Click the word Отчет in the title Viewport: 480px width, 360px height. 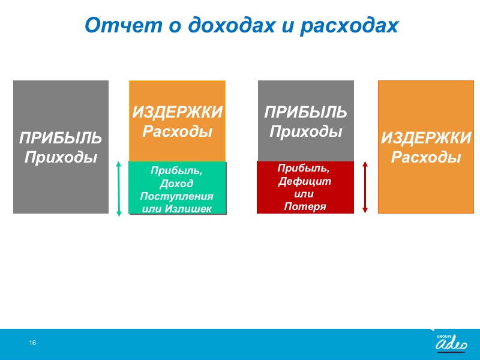pyautogui.click(x=124, y=25)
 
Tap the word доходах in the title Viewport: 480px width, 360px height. pyautogui.click(x=232, y=25)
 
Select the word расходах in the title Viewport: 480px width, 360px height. pyautogui.click(x=349, y=26)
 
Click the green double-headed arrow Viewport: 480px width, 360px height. pyautogui.click(x=119, y=189)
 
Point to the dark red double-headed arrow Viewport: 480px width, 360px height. pyautogui.click(x=365, y=187)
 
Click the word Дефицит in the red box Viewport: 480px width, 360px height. pyautogui.click(x=305, y=181)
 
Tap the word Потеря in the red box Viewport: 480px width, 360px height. pyautogui.click(x=305, y=206)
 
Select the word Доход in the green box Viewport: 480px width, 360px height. pyautogui.click(x=176, y=184)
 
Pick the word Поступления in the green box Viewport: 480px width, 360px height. pyautogui.click(x=176, y=196)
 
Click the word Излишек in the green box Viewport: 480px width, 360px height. pyautogui.click(x=188, y=209)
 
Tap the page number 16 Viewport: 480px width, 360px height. pyautogui.click(x=32, y=343)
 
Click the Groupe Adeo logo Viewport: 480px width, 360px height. pyautogui.click(x=451, y=343)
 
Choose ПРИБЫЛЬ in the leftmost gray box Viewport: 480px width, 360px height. pyautogui.click(x=61, y=138)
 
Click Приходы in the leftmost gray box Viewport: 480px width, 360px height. pyautogui.click(x=61, y=157)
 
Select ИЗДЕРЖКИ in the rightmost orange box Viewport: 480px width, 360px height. pyautogui.click(x=426, y=138)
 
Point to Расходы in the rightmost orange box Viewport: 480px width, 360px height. pyautogui.click(x=426, y=157)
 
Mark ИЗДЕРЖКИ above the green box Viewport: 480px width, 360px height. pyautogui.click(x=177, y=112)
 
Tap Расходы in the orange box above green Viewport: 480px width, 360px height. pyautogui.click(x=177, y=131)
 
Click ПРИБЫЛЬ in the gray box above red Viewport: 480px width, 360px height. pyautogui.click(x=305, y=112)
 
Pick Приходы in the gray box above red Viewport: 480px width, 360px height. pyautogui.click(x=305, y=131)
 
